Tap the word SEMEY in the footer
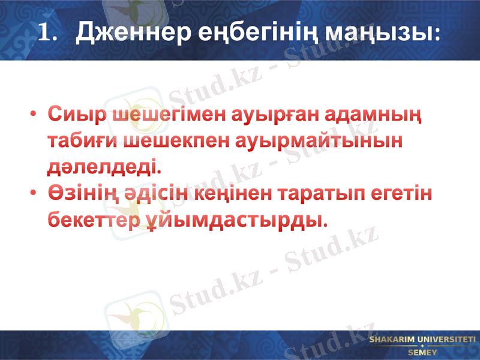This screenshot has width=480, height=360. click(x=422, y=352)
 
